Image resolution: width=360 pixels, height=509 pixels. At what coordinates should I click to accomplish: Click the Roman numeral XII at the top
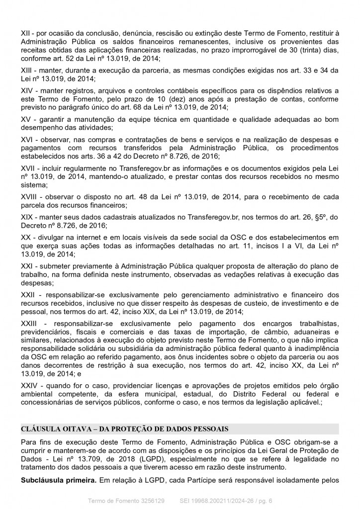click(26, 32)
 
